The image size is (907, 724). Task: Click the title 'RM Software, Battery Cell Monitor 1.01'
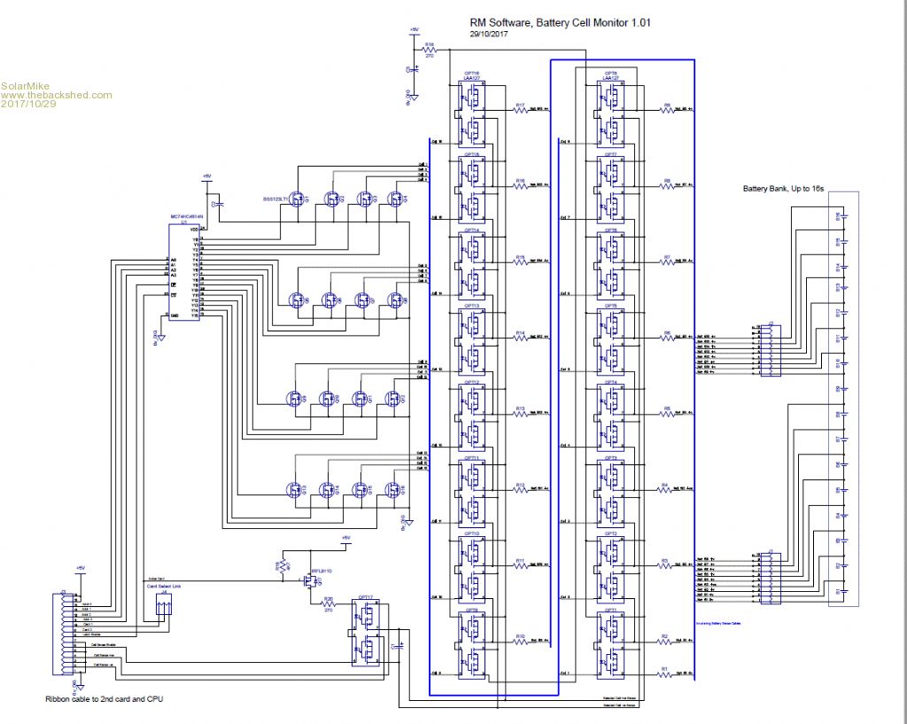pos(559,24)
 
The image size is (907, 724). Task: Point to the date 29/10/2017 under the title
pos(489,35)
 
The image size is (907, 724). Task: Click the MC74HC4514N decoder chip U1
pos(185,270)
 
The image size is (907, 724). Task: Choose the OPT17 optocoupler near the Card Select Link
pos(365,631)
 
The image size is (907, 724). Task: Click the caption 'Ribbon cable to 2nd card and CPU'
pos(104,700)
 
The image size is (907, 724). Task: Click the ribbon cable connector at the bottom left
pos(66,633)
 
